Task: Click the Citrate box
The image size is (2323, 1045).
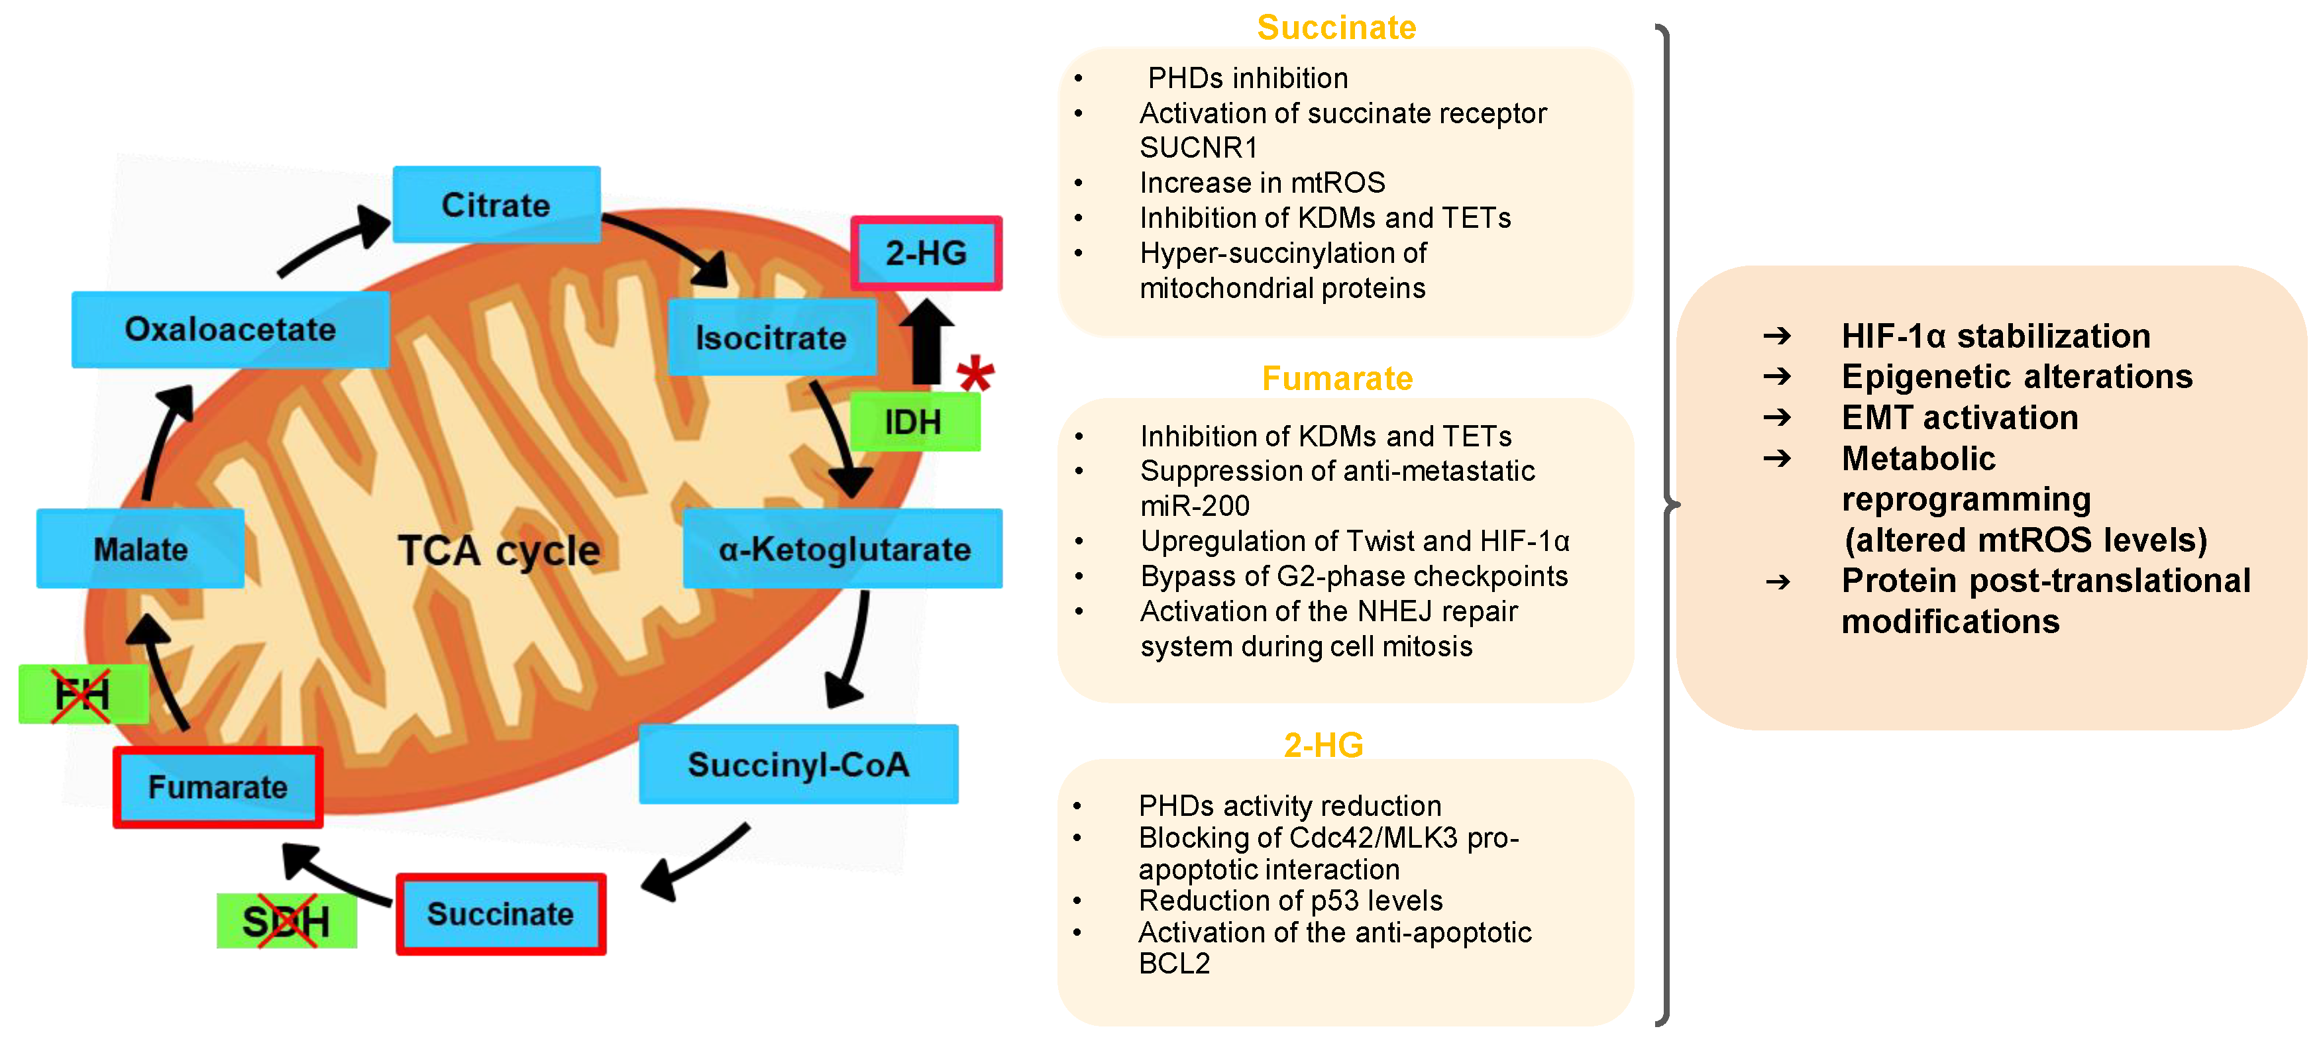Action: coord(496,205)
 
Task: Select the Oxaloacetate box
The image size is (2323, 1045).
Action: coord(230,329)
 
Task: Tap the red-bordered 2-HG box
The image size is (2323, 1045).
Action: coord(926,254)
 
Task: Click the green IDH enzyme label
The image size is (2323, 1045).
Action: coord(914,422)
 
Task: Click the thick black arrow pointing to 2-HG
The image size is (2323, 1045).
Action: coord(926,342)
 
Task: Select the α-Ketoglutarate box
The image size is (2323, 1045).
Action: coord(843,549)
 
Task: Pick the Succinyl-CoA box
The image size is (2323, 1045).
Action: coord(798,765)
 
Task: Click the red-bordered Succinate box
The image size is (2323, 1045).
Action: coord(500,915)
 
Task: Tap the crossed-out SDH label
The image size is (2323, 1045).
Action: coord(286,921)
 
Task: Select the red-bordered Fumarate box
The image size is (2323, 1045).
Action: coord(217,787)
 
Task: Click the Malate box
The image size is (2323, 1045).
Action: coord(140,549)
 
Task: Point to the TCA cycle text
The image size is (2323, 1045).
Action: coord(499,550)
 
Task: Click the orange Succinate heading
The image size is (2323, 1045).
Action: coord(1336,27)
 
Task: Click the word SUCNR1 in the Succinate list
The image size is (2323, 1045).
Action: coord(1197,147)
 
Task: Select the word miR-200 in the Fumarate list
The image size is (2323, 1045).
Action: coord(1194,506)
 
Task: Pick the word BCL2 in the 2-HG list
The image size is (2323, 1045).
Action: coord(1173,964)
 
